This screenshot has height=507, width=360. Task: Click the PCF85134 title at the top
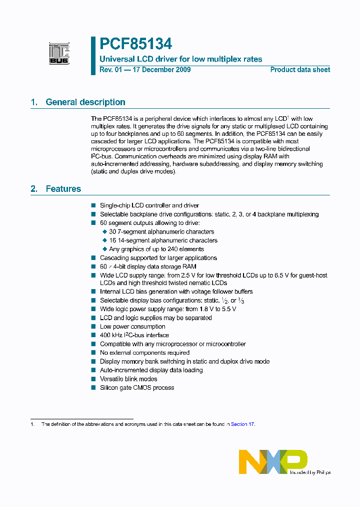pyautogui.click(x=135, y=44)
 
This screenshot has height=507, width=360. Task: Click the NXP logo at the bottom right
pyautogui.click(x=273, y=461)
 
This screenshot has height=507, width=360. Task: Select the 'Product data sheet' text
pyautogui.click(x=300, y=70)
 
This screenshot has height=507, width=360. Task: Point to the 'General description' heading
pyautogui.click(x=85, y=102)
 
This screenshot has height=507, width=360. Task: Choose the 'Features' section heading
pyautogui.click(x=63, y=189)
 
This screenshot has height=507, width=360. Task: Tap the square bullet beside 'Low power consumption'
pyautogui.click(x=93, y=327)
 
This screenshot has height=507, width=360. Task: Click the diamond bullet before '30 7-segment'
pyautogui.click(x=104, y=231)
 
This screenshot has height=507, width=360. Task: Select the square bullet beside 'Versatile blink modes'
pyautogui.click(x=93, y=379)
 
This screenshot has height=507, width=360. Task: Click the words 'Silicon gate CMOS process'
pyautogui.click(x=137, y=388)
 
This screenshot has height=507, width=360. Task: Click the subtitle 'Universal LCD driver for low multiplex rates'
pyautogui.click(x=181, y=59)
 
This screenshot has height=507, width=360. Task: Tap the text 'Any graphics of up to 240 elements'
pyautogui.click(x=156, y=249)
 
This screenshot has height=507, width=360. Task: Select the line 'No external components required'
pyautogui.click(x=144, y=353)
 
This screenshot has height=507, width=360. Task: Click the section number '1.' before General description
pyautogui.click(x=34, y=102)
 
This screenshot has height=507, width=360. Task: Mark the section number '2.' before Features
pyautogui.click(x=34, y=189)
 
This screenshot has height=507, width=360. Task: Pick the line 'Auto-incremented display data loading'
pyautogui.click(x=151, y=370)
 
